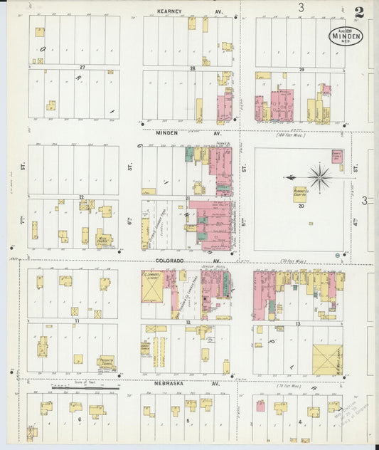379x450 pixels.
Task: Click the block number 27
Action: coord(82,67)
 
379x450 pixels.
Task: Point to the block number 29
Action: coord(301,68)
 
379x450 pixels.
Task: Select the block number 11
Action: coord(74,322)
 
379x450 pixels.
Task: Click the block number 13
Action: coord(299,324)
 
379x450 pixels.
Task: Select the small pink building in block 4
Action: coord(260,407)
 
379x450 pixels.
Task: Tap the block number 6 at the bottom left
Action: coord(80,420)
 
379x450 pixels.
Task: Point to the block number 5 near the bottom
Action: coord(188,421)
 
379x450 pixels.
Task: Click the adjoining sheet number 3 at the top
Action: coord(301,8)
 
